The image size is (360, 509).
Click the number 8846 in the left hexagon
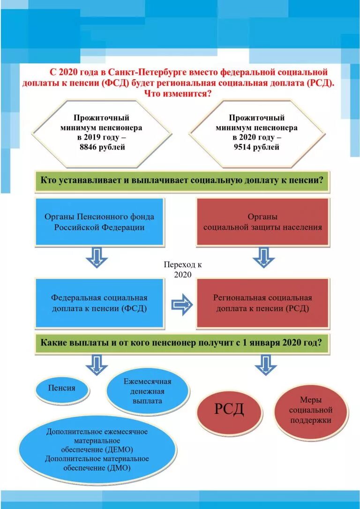[88, 147]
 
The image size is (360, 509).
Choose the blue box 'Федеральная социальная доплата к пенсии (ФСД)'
[99, 303]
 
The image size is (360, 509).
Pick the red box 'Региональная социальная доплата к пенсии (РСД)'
[262, 303]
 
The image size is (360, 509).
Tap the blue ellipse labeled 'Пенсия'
[62, 388]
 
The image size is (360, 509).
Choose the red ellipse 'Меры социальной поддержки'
[310, 410]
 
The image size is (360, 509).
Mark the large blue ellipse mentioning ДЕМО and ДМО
[97, 450]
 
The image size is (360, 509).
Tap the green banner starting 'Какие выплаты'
[181, 343]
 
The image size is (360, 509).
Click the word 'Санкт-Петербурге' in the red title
[147, 73]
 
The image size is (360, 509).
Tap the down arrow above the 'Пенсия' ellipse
[97, 365]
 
